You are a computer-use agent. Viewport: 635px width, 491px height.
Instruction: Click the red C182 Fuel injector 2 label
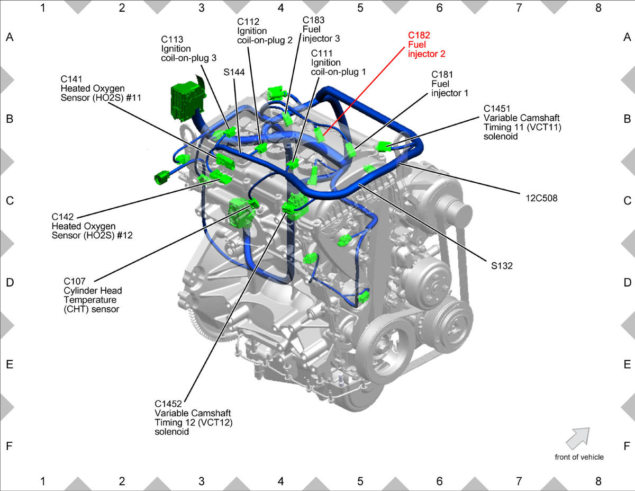pyautogui.click(x=427, y=44)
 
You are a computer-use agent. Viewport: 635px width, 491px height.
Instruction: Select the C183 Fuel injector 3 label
pyautogui.click(x=321, y=29)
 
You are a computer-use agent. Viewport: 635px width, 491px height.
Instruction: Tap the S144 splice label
pyautogui.click(x=234, y=72)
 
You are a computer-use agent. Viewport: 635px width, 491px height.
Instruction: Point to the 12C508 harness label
pyautogui.click(x=541, y=198)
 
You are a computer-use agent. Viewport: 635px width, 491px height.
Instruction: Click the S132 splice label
pyautogui.click(x=502, y=266)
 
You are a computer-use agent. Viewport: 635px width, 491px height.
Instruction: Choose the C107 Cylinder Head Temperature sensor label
pyautogui.click(x=93, y=295)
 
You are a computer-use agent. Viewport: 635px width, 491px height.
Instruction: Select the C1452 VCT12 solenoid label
pyautogui.click(x=194, y=417)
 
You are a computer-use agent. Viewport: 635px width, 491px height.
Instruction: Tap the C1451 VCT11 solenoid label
pyautogui.click(x=522, y=122)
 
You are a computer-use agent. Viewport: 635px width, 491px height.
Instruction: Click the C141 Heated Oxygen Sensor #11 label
pyautogui.click(x=101, y=88)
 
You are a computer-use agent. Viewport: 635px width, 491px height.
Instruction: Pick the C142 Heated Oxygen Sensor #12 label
pyautogui.click(x=92, y=226)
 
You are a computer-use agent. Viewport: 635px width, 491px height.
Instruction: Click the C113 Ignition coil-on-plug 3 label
pyautogui.click(x=188, y=49)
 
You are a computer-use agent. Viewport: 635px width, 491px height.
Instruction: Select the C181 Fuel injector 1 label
pyautogui.click(x=450, y=84)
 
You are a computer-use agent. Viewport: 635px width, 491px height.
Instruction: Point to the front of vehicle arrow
pyautogui.click(x=577, y=439)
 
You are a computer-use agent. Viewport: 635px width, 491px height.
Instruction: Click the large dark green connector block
pyautogui.click(x=187, y=101)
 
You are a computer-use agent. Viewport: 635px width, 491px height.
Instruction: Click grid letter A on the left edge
pyautogui.click(x=10, y=37)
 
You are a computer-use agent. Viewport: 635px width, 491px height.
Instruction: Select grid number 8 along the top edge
pyautogui.click(x=598, y=8)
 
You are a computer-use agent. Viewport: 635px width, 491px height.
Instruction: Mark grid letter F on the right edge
pyautogui.click(x=627, y=446)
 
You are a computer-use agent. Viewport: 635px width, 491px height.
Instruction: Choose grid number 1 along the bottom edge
pyautogui.click(x=43, y=481)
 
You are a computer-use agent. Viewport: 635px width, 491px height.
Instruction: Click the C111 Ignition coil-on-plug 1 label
pyautogui.click(x=338, y=63)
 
